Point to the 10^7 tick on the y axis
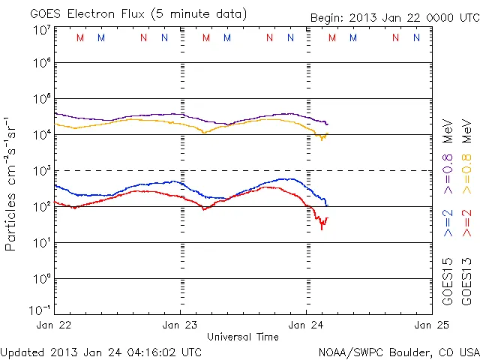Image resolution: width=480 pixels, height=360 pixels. click(x=40, y=30)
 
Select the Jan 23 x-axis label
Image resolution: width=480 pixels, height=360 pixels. click(x=181, y=325)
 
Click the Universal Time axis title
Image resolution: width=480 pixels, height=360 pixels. click(x=243, y=337)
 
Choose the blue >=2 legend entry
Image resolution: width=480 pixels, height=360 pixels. click(x=448, y=224)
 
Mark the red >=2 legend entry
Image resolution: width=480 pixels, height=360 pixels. click(x=466, y=224)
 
